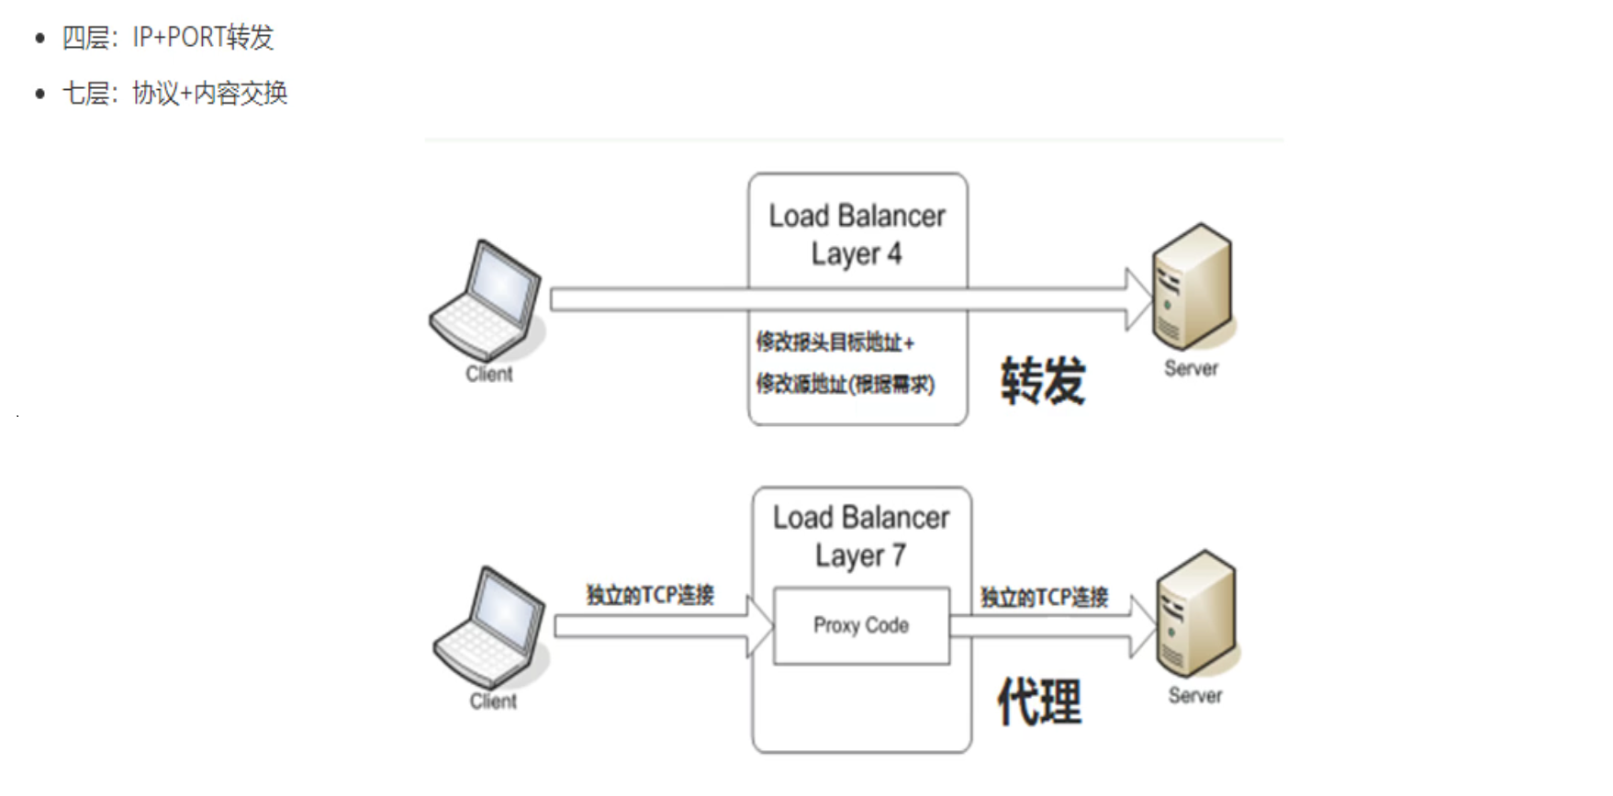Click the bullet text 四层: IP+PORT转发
point(167,38)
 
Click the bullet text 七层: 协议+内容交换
point(174,93)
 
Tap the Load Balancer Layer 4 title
point(857,234)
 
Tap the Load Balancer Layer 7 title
point(861,536)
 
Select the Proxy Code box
point(861,625)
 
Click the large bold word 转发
point(1043,380)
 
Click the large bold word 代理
point(1039,702)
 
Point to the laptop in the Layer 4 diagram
point(487,300)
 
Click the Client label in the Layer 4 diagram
point(488,374)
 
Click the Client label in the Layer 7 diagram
point(493,701)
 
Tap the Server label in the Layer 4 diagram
point(1191,368)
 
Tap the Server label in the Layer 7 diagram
point(1194,696)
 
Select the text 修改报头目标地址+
point(835,342)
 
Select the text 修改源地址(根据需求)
point(845,384)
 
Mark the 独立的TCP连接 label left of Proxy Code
point(650,595)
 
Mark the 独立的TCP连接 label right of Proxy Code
point(1044,598)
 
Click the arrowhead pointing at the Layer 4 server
point(1138,299)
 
